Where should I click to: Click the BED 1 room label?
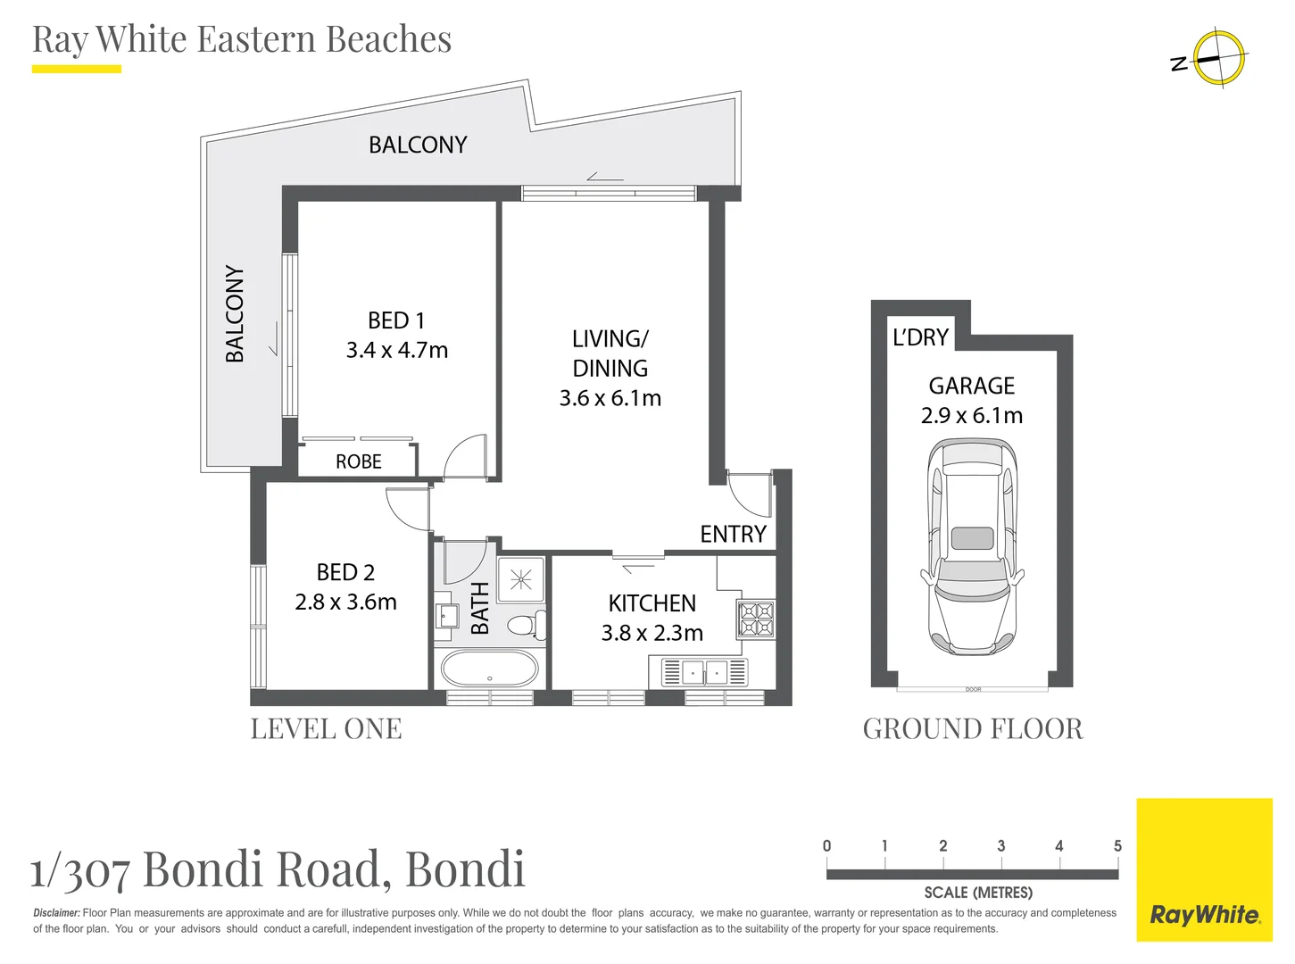pos(396,320)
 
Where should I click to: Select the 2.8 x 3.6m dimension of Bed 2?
pos(345,602)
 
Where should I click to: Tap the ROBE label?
pos(358,461)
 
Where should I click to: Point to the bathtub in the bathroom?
pos(490,668)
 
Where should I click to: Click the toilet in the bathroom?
pos(527,624)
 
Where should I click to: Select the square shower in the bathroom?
pos(520,580)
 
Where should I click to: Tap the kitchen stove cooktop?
pos(755,619)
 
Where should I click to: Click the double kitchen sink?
pos(704,672)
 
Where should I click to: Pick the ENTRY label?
pos(733,534)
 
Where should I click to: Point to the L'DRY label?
pos(920,337)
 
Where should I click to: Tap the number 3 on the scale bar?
pos(1000,846)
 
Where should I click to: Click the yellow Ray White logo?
pos(1204,869)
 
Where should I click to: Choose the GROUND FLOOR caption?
pos(972,729)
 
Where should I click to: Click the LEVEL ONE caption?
pos(326,729)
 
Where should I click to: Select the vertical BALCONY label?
pos(235,313)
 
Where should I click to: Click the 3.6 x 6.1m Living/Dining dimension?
pos(610,399)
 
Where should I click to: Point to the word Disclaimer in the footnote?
pos(56,913)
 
